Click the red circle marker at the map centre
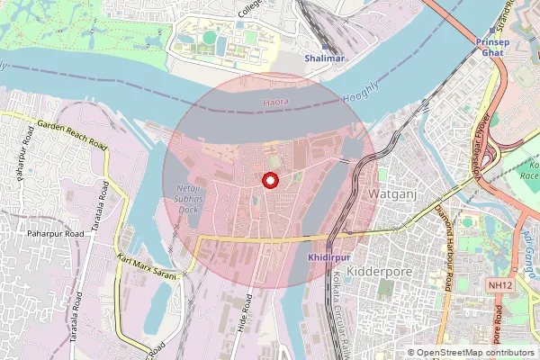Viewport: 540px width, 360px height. tap(268, 180)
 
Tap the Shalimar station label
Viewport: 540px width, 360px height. tap(324, 58)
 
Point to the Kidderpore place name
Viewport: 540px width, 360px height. tap(377, 270)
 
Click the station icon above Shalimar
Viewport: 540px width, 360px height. tap(324, 46)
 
